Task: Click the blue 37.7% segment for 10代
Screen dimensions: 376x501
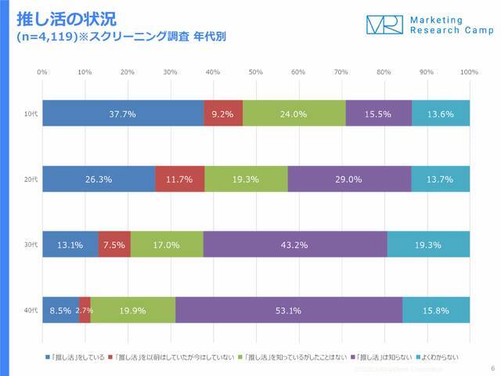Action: pos(123,114)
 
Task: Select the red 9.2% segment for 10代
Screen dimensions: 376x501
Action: pos(223,114)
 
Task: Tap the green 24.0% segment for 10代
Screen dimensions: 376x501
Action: pos(294,114)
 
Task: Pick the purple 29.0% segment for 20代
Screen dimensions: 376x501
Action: pos(349,179)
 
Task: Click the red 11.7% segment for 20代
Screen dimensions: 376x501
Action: pos(179,179)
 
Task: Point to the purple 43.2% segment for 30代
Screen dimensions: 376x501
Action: pos(295,244)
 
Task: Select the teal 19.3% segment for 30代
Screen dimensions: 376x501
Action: pos(428,244)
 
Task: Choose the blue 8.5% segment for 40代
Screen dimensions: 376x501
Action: pos(60,310)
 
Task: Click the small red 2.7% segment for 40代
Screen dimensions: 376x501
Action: pos(85,310)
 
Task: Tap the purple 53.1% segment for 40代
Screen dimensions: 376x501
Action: pos(289,310)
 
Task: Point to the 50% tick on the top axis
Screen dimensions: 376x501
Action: pos(255,71)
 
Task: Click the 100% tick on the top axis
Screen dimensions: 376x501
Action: pos(469,71)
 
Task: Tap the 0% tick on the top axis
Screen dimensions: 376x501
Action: pos(42,71)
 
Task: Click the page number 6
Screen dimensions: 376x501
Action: pos(492,367)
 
